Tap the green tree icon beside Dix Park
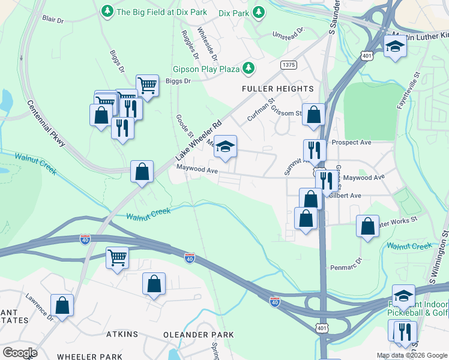(259, 11)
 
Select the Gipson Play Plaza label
(206, 70)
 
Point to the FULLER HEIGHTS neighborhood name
(277, 89)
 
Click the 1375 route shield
(288, 64)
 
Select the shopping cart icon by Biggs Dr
(147, 85)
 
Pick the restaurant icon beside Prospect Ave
(315, 150)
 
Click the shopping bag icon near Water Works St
(368, 226)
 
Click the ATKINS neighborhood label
(122, 334)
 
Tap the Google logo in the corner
(20, 352)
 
